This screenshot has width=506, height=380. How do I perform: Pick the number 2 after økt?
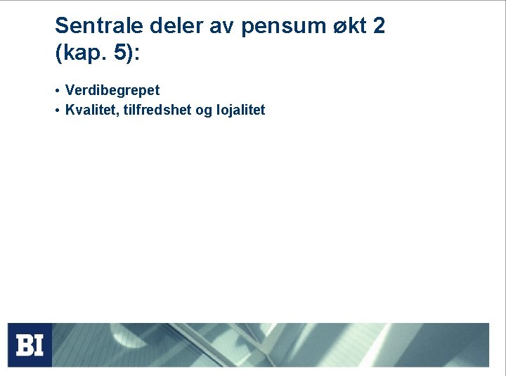[x=379, y=27]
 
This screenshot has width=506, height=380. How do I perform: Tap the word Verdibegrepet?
[x=112, y=91]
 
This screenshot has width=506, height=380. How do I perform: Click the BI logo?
[x=30, y=345]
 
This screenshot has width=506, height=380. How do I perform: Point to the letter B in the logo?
[x=25, y=345]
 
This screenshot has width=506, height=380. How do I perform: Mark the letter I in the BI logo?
[x=39, y=345]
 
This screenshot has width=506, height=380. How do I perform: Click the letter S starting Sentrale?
[x=62, y=27]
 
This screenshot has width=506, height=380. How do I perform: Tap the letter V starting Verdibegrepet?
[x=69, y=91]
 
